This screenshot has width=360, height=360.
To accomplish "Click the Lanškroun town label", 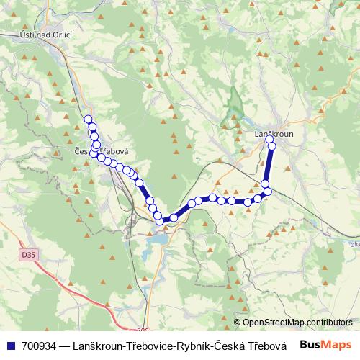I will [x=273, y=134].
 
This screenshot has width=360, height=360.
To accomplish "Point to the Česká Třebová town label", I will [x=101, y=151].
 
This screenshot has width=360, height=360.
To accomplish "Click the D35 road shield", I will [x=28, y=255].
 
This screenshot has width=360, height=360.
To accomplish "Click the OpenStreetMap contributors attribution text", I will [x=297, y=322].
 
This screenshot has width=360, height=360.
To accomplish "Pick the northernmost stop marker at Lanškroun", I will [x=271, y=140].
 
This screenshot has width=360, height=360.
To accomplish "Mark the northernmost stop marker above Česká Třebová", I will [x=88, y=120].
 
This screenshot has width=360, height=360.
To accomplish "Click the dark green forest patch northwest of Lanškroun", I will [x=233, y=104].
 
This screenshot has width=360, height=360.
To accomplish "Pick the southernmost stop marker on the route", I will [x=160, y=220].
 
